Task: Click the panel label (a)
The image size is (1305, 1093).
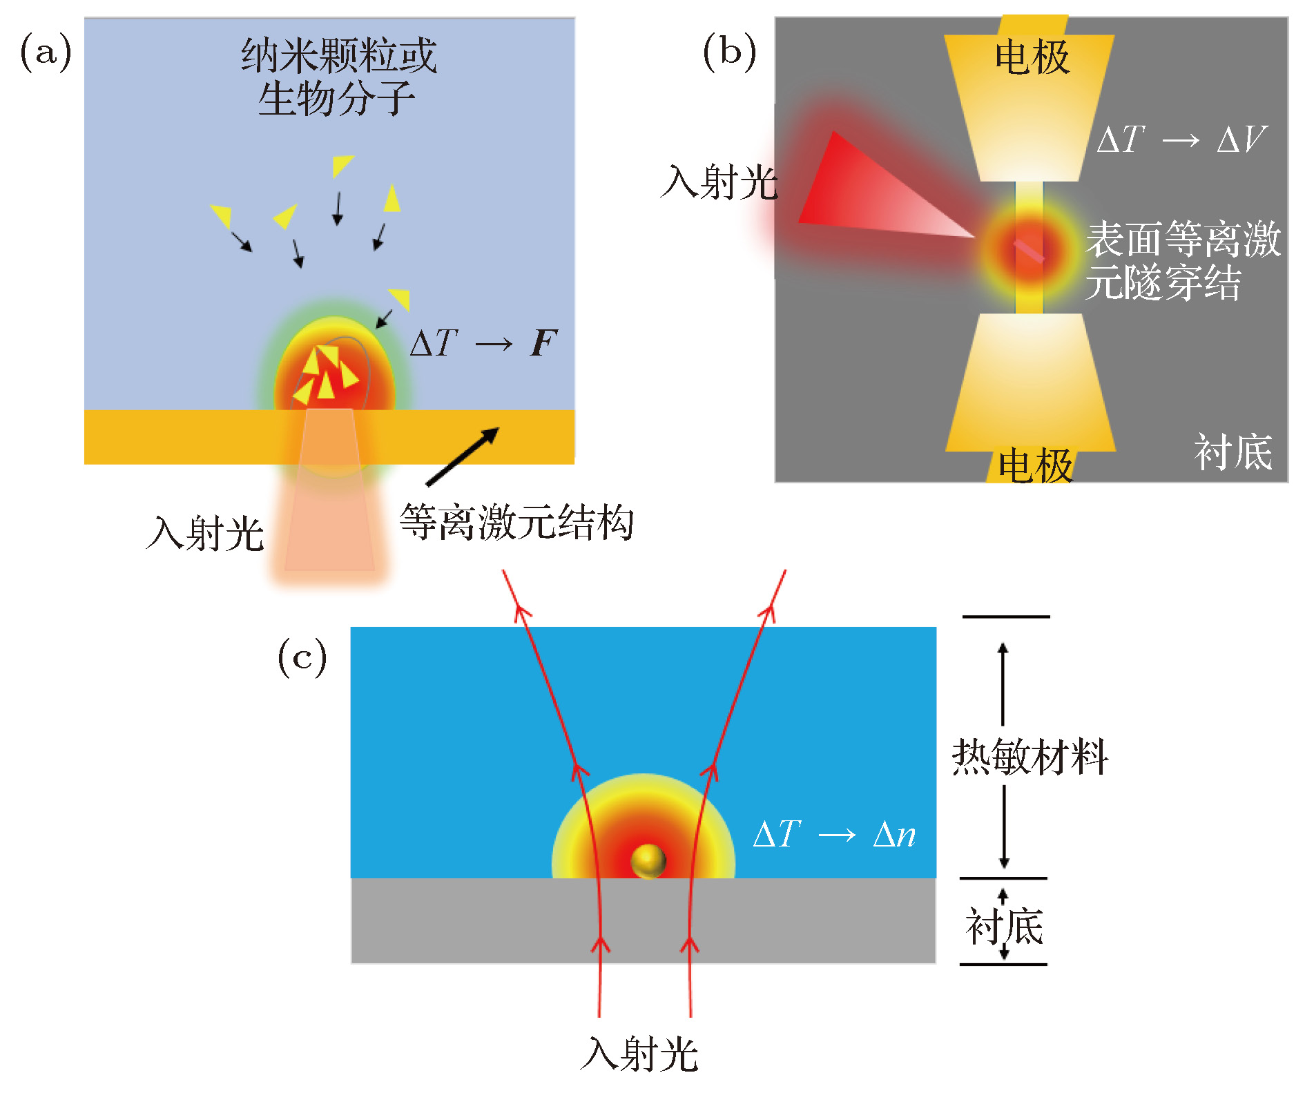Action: tap(46, 53)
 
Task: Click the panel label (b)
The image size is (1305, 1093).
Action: tap(729, 53)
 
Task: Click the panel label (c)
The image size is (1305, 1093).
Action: tap(302, 657)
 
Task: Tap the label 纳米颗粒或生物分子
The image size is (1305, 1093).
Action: tap(338, 77)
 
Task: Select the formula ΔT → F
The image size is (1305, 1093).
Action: tap(483, 343)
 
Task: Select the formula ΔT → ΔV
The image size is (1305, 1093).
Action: tap(1181, 140)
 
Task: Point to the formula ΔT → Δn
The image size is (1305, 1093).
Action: tap(835, 834)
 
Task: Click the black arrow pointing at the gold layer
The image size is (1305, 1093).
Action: tap(462, 456)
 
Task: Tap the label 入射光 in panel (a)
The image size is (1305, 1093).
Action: tap(205, 533)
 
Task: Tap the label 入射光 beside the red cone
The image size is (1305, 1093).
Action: tap(719, 183)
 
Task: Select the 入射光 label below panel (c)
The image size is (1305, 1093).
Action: tap(639, 1054)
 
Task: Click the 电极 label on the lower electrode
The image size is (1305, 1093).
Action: tap(1035, 465)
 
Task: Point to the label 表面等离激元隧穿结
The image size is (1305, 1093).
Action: tap(1182, 260)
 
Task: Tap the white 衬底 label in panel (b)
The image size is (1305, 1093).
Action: tap(1233, 453)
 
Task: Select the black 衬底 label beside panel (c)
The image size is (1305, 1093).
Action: tap(1004, 927)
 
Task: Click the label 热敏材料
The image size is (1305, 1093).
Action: tap(1029, 757)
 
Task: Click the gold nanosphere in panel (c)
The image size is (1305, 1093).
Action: tap(648, 860)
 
